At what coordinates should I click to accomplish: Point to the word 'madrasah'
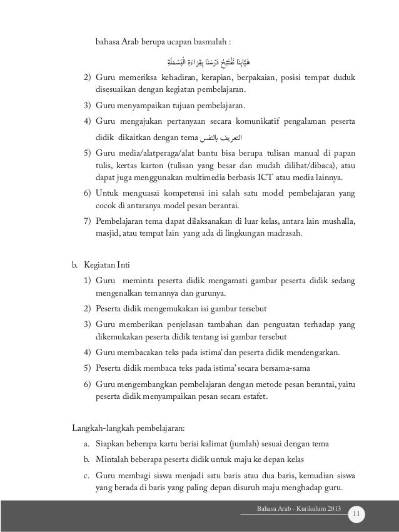267,234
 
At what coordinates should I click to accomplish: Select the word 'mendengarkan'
311,353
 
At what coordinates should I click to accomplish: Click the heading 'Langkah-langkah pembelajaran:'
128,428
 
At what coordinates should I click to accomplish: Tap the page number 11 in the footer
357,514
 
